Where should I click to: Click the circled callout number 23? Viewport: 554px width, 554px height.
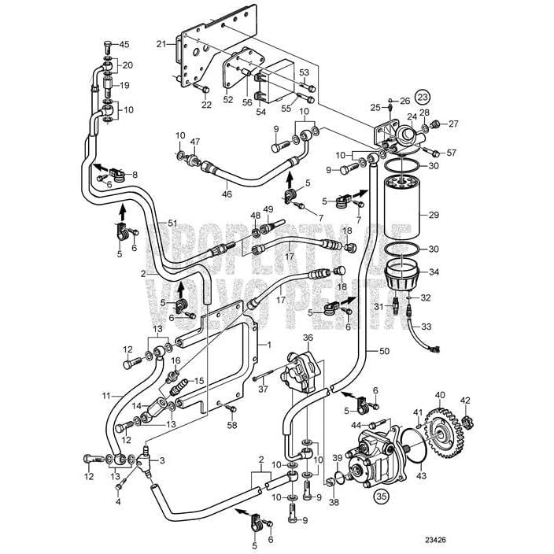coord(423,97)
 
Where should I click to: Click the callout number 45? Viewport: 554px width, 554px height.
coord(124,44)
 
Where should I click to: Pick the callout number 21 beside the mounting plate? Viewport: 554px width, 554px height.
coord(161,44)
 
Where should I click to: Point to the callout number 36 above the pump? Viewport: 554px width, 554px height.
coord(308,338)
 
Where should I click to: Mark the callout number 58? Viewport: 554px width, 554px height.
coord(231,426)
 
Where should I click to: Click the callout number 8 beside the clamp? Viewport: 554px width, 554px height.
coord(135,174)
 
